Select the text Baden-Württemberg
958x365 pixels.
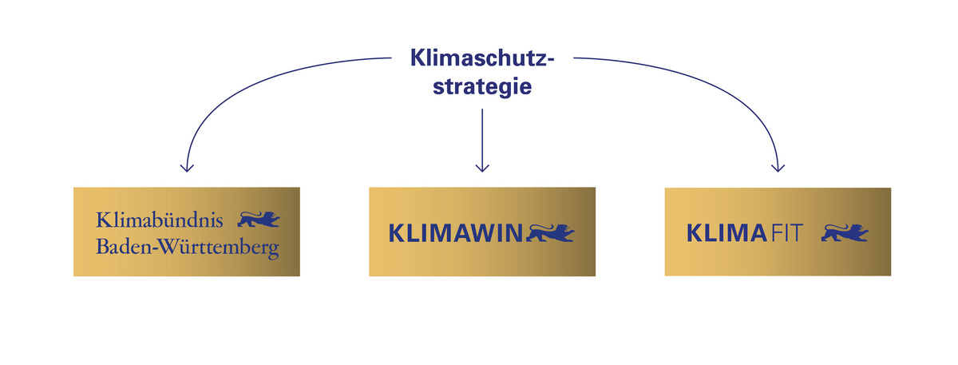coord(187,248)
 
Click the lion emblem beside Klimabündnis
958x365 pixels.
coord(260,218)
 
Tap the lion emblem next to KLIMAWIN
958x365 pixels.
coord(550,232)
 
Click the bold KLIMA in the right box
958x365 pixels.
coord(726,233)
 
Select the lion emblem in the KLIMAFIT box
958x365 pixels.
coord(845,232)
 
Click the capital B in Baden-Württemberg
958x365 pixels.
coord(101,248)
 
